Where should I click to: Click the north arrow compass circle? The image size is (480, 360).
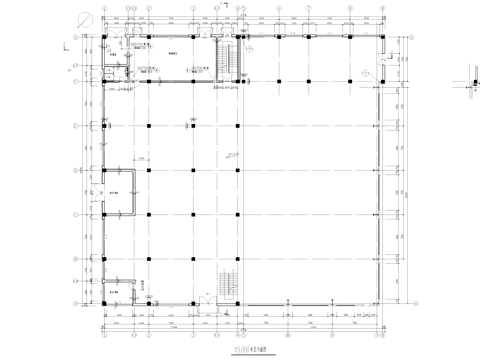pos(89,18)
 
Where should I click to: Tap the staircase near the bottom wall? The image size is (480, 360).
pos(227,284)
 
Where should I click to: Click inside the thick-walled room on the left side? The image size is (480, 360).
pos(122,189)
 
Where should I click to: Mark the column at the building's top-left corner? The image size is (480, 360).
pos(105,36)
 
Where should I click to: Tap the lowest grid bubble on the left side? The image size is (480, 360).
pos(77,296)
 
